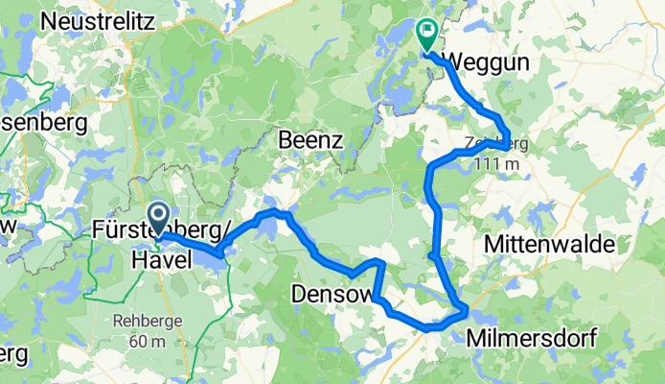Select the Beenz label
click(310, 140)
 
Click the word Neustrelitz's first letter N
click(48, 18)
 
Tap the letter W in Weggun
click(454, 62)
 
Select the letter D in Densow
click(298, 291)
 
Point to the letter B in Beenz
click(285, 140)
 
